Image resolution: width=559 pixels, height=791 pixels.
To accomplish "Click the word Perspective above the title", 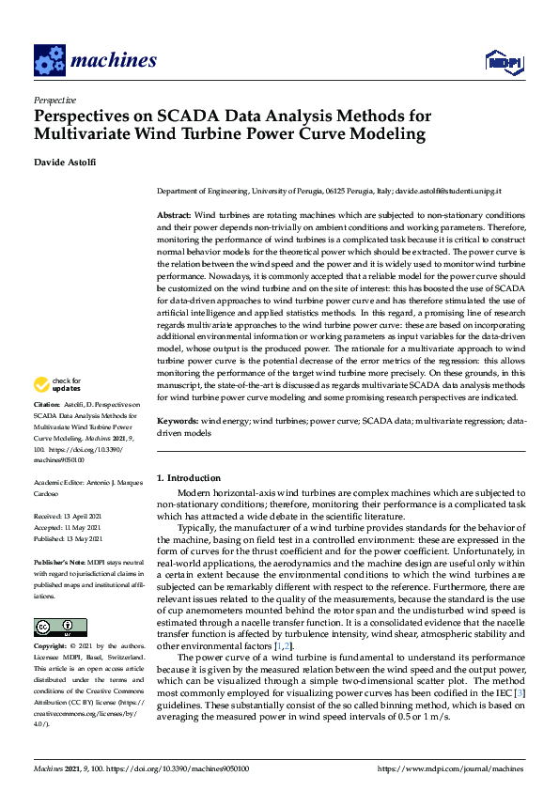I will [x=54, y=100].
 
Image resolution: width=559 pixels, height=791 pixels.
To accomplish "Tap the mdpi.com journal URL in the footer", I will [x=451, y=768].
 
